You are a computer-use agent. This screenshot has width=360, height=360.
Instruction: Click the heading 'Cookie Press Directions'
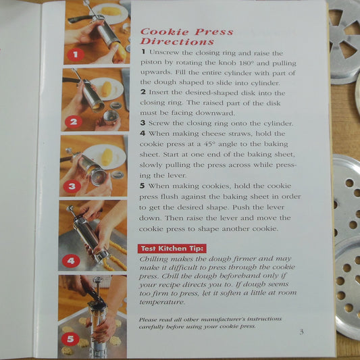pyautogui.click(x=186, y=37)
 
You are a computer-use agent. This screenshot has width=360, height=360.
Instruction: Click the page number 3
pyautogui.click(x=301, y=331)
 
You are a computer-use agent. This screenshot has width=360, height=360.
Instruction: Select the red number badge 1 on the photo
pyautogui.click(x=76, y=55)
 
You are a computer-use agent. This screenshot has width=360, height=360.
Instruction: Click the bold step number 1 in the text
pyautogui.click(x=143, y=52)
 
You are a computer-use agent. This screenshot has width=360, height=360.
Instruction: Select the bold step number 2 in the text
pyautogui.click(x=143, y=93)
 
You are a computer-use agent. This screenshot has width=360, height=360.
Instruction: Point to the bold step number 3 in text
pyautogui.click(x=143, y=123)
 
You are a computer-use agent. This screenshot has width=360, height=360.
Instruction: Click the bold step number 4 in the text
pyautogui.click(x=143, y=133)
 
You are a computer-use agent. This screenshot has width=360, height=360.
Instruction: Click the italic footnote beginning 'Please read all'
pyautogui.click(x=209, y=322)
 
